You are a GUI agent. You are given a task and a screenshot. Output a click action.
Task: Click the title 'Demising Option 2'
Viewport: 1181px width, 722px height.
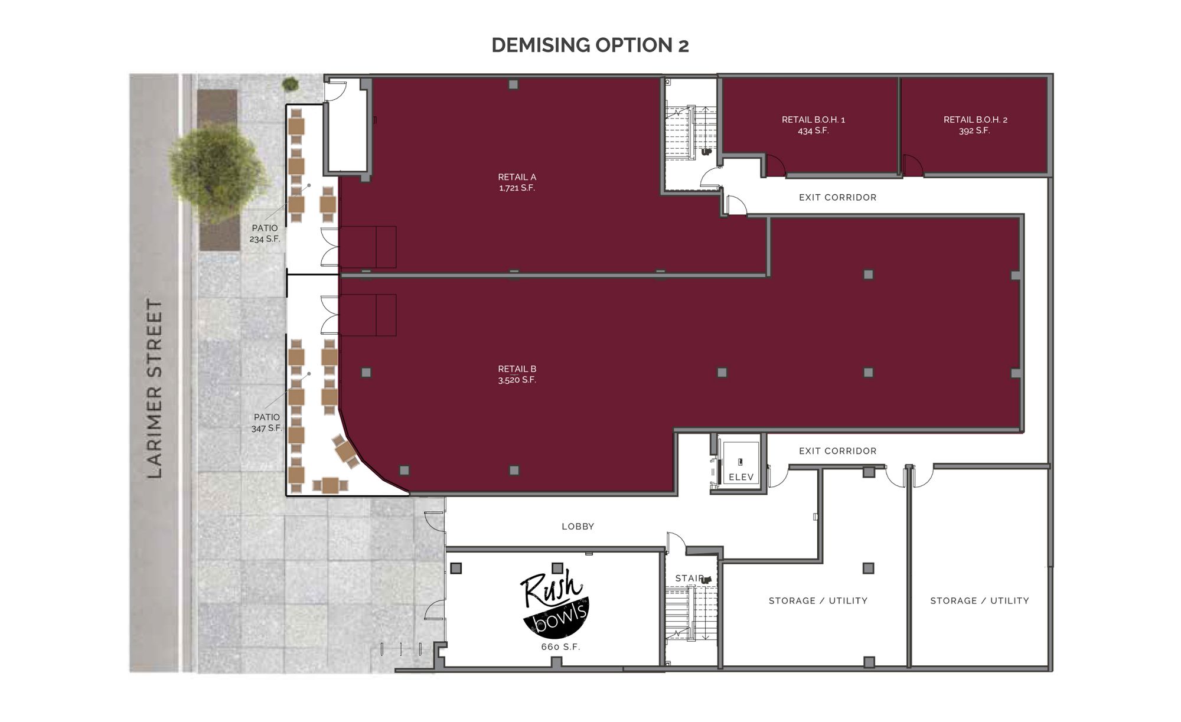[590, 45]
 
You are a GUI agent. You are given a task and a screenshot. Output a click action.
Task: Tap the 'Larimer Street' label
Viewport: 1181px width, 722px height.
[154, 388]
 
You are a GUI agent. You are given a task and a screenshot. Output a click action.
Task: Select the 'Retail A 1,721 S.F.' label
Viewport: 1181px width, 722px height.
[517, 182]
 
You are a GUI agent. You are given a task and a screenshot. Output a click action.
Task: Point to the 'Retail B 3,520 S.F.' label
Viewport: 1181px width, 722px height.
[517, 374]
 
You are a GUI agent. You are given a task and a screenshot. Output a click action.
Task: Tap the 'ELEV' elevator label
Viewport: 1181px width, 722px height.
[741, 477]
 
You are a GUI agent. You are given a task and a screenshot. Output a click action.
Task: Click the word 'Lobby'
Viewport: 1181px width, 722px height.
[578, 527]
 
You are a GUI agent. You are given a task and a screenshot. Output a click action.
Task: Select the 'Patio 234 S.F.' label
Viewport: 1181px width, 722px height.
[265, 234]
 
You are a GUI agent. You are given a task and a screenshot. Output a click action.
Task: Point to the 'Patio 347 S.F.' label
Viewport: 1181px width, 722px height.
[266, 423]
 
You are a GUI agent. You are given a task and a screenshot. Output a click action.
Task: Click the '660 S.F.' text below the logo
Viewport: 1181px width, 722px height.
[560, 647]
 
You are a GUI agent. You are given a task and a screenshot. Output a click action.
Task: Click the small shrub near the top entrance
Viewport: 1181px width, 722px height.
[290, 84]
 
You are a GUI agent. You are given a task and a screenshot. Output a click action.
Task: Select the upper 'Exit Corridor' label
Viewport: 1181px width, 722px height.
[837, 198]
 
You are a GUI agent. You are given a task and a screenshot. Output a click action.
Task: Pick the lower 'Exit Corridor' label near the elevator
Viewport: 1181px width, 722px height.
[837, 451]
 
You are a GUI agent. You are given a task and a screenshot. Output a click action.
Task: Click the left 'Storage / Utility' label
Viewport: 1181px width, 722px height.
[818, 601]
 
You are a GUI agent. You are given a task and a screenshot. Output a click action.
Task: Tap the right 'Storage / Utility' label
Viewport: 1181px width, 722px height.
[980, 601]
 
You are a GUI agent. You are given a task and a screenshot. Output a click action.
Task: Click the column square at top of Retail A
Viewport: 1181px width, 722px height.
[513, 84]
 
